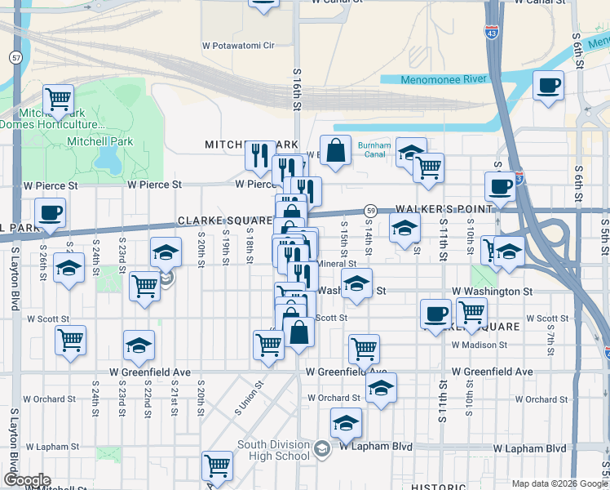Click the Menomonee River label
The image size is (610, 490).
pyautogui.click(x=442, y=79)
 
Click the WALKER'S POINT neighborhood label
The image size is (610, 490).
pyautogui.click(x=444, y=209)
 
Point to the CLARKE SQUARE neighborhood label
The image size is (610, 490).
pyautogui.click(x=225, y=221)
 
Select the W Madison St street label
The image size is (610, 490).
pyautogui.click(x=480, y=345)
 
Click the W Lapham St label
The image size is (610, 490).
pyautogui.click(x=51, y=448)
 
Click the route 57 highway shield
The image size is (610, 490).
pyautogui.click(x=16, y=58)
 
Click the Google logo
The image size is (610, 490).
pyautogui.click(x=27, y=479)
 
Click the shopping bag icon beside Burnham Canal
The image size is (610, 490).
pyautogui.click(x=335, y=150)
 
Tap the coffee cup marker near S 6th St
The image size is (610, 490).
pyautogui.click(x=549, y=85)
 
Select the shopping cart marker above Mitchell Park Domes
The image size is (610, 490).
pyautogui.click(x=59, y=100)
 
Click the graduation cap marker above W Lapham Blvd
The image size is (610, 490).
pyautogui.click(x=346, y=423)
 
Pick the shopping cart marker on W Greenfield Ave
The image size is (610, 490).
pyautogui.click(x=364, y=349)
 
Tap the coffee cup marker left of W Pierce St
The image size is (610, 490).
pyautogui.click(x=50, y=213)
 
